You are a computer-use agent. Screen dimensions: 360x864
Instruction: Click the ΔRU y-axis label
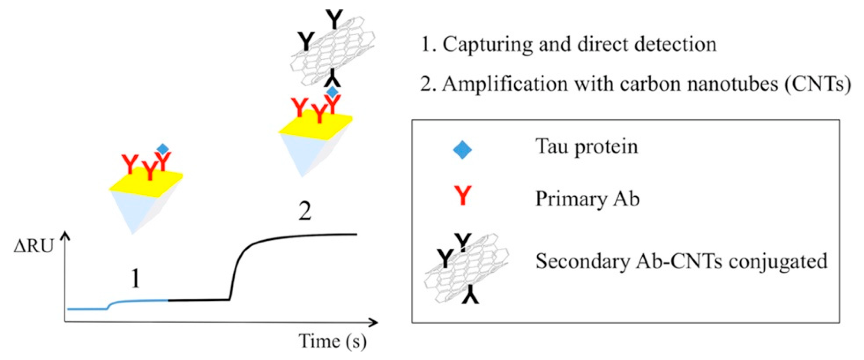tap(34, 247)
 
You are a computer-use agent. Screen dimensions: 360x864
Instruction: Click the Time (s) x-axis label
tap(332, 342)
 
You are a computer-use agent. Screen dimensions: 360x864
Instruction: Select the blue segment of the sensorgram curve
tap(134, 302)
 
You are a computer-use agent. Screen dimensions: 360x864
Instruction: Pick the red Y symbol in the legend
tap(463, 196)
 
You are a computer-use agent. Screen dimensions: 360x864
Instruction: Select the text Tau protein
tap(586, 147)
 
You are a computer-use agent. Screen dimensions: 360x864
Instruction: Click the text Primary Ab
tap(587, 199)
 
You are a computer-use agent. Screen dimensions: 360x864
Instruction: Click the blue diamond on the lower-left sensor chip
tap(163, 149)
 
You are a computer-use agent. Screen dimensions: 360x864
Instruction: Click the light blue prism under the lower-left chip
tap(134, 211)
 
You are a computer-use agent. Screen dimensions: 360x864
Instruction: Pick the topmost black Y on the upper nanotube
tap(335, 19)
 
